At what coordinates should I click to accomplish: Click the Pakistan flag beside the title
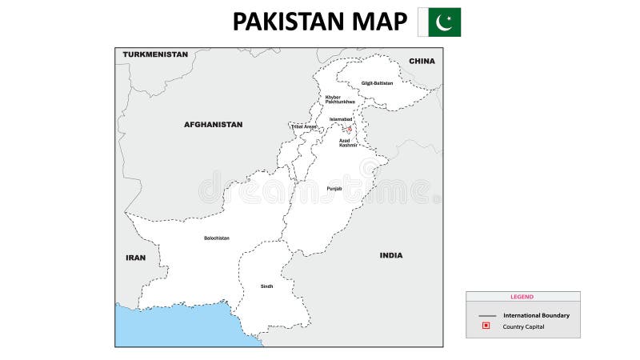pyautogui.click(x=439, y=22)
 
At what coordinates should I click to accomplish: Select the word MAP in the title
pyautogui.click(x=379, y=22)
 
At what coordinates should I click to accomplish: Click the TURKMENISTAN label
pyautogui.click(x=155, y=54)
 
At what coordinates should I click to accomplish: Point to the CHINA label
pyautogui.click(x=422, y=61)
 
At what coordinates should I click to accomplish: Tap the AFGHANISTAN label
pyautogui.click(x=213, y=125)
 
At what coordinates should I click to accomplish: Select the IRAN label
pyautogui.click(x=135, y=258)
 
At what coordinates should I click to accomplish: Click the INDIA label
pyautogui.click(x=391, y=255)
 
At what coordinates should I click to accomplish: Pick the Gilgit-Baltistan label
pyautogui.click(x=377, y=83)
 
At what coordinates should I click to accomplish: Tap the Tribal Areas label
pyautogui.click(x=303, y=126)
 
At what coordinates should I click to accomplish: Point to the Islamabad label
pyautogui.click(x=341, y=119)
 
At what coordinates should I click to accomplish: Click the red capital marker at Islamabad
pyautogui.click(x=349, y=128)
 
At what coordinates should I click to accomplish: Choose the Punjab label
pyautogui.click(x=334, y=189)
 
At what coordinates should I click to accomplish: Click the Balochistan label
pyautogui.click(x=216, y=238)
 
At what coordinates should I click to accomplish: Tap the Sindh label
pyautogui.click(x=266, y=286)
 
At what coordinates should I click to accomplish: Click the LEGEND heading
pyautogui.click(x=522, y=297)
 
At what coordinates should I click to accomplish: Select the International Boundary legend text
pyautogui.click(x=536, y=315)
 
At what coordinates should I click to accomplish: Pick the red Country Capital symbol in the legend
pyautogui.click(x=485, y=326)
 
